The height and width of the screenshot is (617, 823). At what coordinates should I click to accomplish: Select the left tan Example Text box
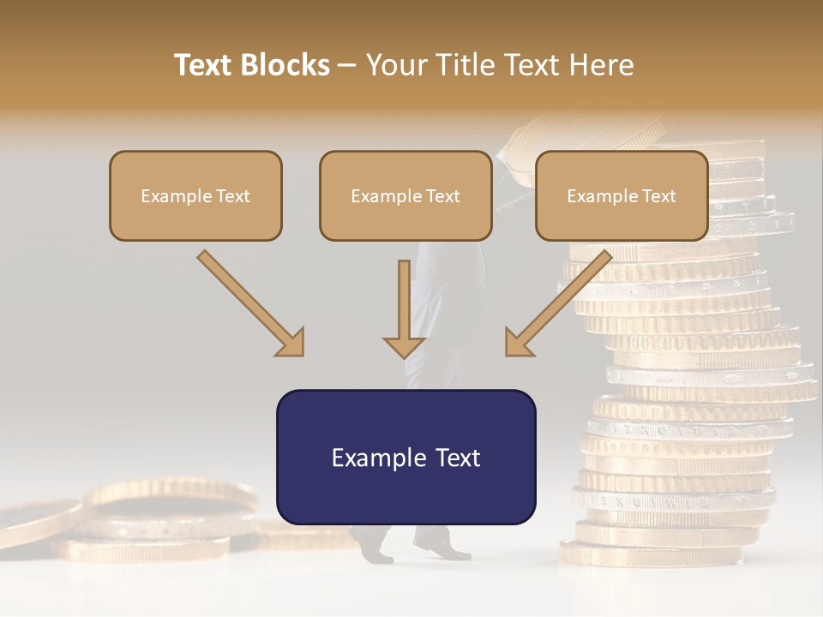tap(195, 195)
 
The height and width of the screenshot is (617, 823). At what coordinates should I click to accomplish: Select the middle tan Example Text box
tap(405, 195)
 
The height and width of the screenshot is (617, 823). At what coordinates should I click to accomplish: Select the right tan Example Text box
tap(622, 195)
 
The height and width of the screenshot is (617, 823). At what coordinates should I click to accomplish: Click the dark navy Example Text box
tap(405, 457)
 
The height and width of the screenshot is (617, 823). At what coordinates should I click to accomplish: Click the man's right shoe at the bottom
tap(441, 545)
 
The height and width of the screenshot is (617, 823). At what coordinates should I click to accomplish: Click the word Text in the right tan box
tap(658, 196)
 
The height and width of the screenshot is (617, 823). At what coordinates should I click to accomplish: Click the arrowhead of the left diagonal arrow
tap(291, 343)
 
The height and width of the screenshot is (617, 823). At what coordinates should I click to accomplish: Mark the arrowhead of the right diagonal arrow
tap(518, 343)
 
